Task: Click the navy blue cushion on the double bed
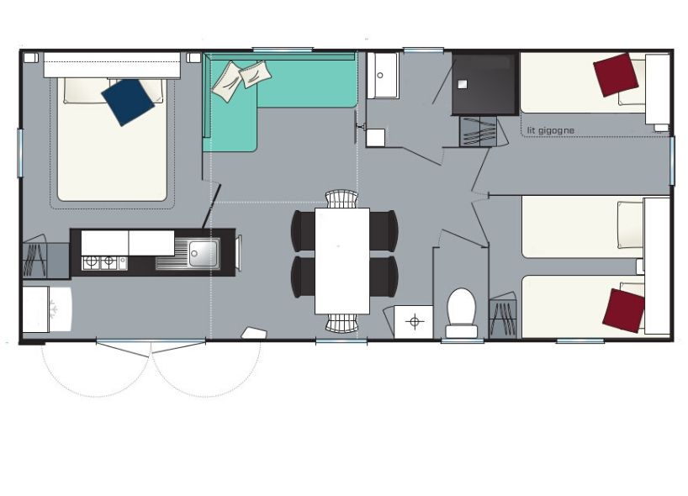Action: pyautogui.click(x=128, y=102)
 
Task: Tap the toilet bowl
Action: pyautogui.click(x=462, y=306)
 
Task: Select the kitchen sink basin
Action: pyautogui.click(x=204, y=254)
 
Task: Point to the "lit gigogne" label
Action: pyautogui.click(x=551, y=130)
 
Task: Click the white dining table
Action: pyautogui.click(x=342, y=261)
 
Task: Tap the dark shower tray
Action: pyautogui.click(x=484, y=84)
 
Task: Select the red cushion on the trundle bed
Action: pyautogui.click(x=616, y=75)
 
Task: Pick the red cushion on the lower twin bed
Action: pyautogui.click(x=623, y=311)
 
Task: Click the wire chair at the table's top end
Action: pyautogui.click(x=341, y=198)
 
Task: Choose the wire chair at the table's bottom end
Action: pyautogui.click(x=341, y=323)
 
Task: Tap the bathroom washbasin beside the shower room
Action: pyautogui.click(x=382, y=77)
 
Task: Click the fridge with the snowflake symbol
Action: pyautogui.click(x=47, y=309)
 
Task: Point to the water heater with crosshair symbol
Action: pyautogui.click(x=414, y=322)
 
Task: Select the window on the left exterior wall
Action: pyautogui.click(x=19, y=153)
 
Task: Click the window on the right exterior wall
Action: pyautogui.click(x=672, y=161)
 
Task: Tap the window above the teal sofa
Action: pyautogui.click(x=283, y=50)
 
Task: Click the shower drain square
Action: pyautogui.click(x=462, y=85)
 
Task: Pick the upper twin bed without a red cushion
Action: pyautogui.click(x=583, y=227)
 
